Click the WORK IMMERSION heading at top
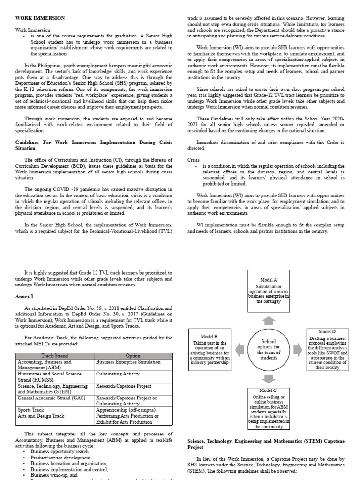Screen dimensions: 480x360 (40, 18)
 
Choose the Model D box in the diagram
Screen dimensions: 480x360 (329, 349)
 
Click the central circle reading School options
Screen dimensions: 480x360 (269, 349)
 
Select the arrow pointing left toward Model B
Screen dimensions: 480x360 (239, 349)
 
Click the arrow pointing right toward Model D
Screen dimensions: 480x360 (298, 349)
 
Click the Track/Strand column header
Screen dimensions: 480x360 (55, 356)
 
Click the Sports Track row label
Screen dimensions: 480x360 (31, 409)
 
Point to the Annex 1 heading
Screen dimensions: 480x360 (25, 297)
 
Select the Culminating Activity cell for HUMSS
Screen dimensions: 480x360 (117, 374)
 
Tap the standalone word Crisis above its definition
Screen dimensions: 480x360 (194, 159)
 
